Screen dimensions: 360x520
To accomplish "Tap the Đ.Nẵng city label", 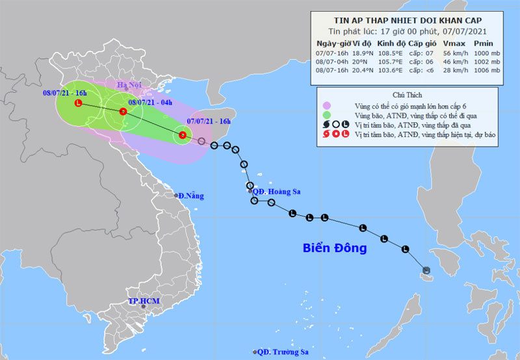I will tap(190, 196).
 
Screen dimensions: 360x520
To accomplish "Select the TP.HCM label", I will tap(143, 302).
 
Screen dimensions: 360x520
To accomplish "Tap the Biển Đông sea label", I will tap(335, 248).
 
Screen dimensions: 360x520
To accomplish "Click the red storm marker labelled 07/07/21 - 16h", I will tap(183, 135).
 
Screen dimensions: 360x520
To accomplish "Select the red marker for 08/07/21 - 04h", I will tap(123, 112).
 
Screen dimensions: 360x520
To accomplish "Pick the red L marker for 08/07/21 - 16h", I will tap(79, 103).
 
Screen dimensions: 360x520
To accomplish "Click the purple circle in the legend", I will tap(326, 105).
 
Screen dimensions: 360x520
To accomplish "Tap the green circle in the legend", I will tap(326, 115).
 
